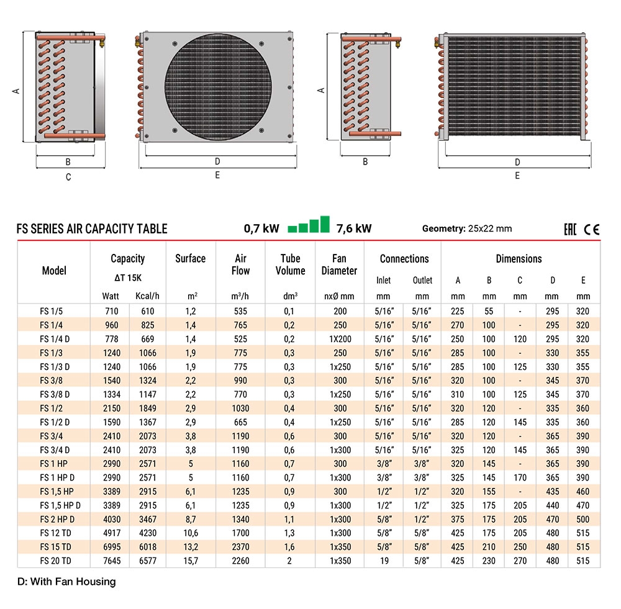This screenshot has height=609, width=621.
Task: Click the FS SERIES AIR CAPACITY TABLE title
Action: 92,228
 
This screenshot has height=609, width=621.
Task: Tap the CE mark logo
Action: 592,229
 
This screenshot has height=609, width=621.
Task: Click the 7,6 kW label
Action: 353,228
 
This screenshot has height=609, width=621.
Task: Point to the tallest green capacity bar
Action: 324,224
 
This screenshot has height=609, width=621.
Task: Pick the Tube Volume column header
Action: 290,264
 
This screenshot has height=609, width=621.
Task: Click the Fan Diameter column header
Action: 340,264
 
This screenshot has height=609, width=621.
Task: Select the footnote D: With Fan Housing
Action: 66,582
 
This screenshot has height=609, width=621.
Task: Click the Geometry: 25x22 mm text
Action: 466,228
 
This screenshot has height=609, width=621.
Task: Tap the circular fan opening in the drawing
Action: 215,84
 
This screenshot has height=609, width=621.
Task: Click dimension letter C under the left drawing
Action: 68,177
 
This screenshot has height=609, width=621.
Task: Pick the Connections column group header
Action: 404,259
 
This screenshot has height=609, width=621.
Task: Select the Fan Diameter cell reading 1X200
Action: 340,339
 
